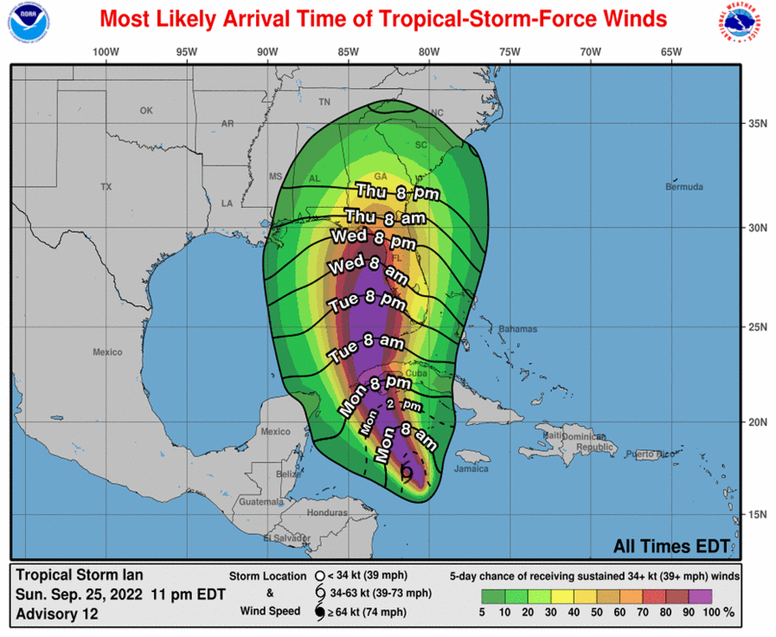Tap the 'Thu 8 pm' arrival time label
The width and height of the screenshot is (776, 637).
pos(398,193)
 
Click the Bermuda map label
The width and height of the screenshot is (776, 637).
pos(683,187)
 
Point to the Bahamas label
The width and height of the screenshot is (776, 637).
pos(517,329)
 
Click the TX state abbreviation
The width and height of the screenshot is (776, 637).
pos(106,187)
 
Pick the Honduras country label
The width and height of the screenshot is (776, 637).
pos(327,512)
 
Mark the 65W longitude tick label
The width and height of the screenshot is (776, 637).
pos(671,52)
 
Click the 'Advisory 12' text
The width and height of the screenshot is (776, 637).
pos(56,614)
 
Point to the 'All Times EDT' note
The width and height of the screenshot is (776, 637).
pos(671,546)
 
